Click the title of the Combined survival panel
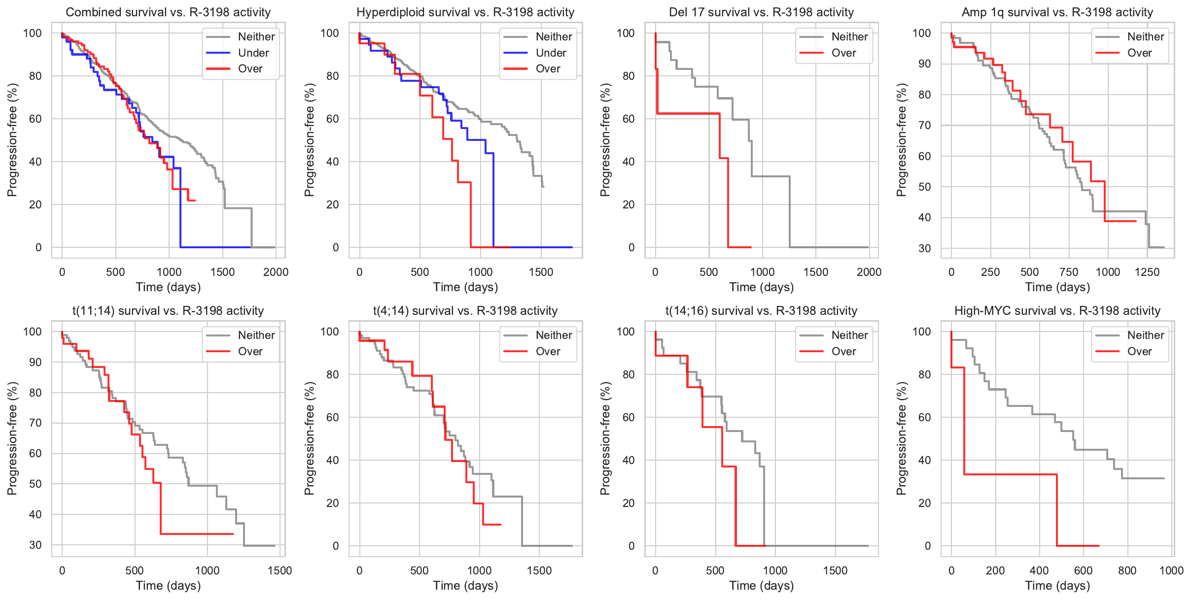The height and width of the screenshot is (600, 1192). pos(168,12)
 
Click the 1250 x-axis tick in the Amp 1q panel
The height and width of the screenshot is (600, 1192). pos(1147,272)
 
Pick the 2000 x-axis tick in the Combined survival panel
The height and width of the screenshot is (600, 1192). pos(276,272)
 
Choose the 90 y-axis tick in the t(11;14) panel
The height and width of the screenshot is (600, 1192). pos(35,362)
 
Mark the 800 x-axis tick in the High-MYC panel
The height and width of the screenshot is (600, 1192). pos(1127,570)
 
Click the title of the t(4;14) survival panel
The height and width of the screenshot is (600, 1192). pos(465,310)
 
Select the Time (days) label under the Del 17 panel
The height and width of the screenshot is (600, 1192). pos(761,287)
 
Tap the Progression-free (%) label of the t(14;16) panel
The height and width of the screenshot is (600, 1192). pos(605,438)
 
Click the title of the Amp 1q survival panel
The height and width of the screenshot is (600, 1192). pos(1057,12)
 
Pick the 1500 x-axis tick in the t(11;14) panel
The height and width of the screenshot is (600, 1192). pos(280,570)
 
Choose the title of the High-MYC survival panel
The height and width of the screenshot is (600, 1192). pos(1057,310)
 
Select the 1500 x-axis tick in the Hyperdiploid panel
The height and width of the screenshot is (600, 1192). pos(541,272)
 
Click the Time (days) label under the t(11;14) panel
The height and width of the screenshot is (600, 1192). pos(168,585)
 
